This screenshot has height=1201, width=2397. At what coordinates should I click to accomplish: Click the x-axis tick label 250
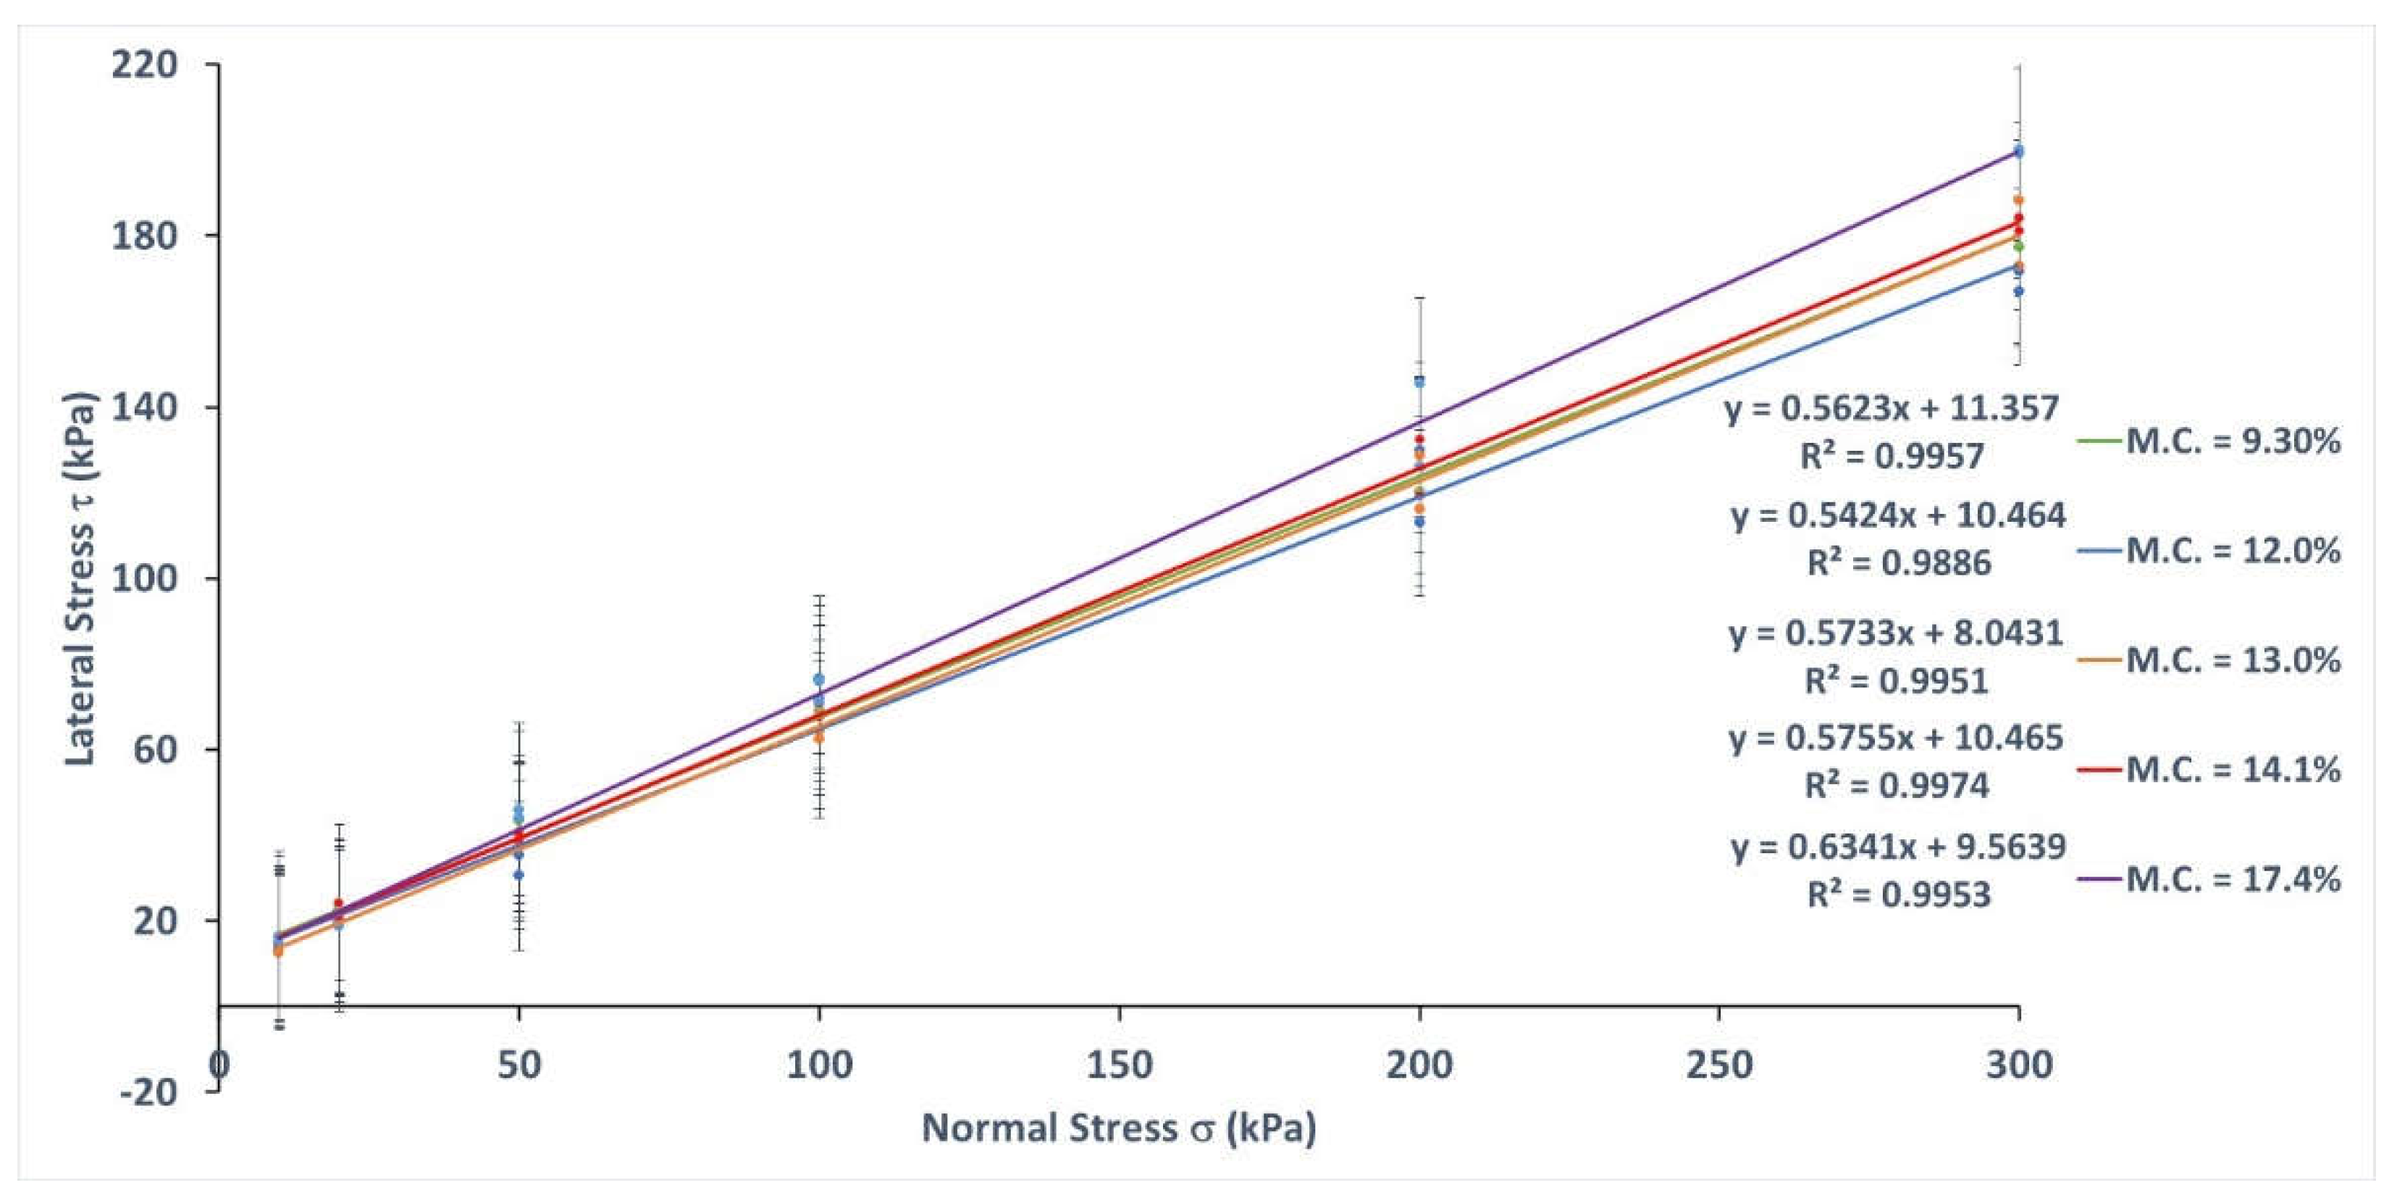pos(1718,1064)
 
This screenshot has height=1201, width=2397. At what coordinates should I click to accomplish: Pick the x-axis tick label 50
pos(519,1064)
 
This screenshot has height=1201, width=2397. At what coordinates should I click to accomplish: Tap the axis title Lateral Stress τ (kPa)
pos(80,579)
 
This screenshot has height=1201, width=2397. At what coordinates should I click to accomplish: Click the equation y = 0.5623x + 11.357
pos(1891,408)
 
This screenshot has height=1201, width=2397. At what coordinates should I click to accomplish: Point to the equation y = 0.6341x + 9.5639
pos(1898,847)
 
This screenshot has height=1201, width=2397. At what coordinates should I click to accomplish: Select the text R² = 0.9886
pos(1898,562)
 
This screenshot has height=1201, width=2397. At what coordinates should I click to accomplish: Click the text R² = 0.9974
pos(1897,785)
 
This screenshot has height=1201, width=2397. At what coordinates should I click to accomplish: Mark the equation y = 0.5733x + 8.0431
pos(1897,633)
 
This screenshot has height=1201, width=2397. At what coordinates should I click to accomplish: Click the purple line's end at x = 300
pos(2018,150)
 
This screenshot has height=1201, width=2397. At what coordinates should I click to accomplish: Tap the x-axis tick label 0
pos(219,1064)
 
